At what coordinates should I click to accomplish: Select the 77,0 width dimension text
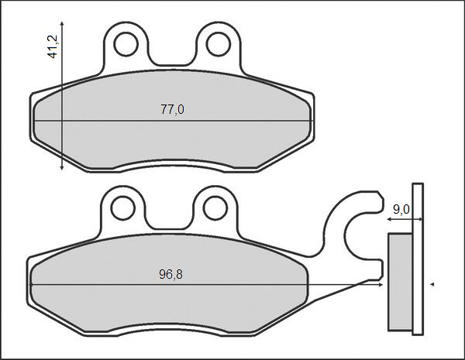[x=171, y=110]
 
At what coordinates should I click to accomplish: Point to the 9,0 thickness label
[x=401, y=208]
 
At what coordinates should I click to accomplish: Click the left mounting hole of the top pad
[x=125, y=44]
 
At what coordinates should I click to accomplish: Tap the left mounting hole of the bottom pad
[x=122, y=207]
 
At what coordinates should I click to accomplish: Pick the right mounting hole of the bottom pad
[x=215, y=207]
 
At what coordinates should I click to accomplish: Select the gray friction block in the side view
[x=399, y=283]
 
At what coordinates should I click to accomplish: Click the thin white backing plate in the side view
[x=418, y=259]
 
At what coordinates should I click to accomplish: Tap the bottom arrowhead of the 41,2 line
[x=61, y=168]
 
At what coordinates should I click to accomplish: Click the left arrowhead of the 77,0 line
[x=37, y=122]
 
